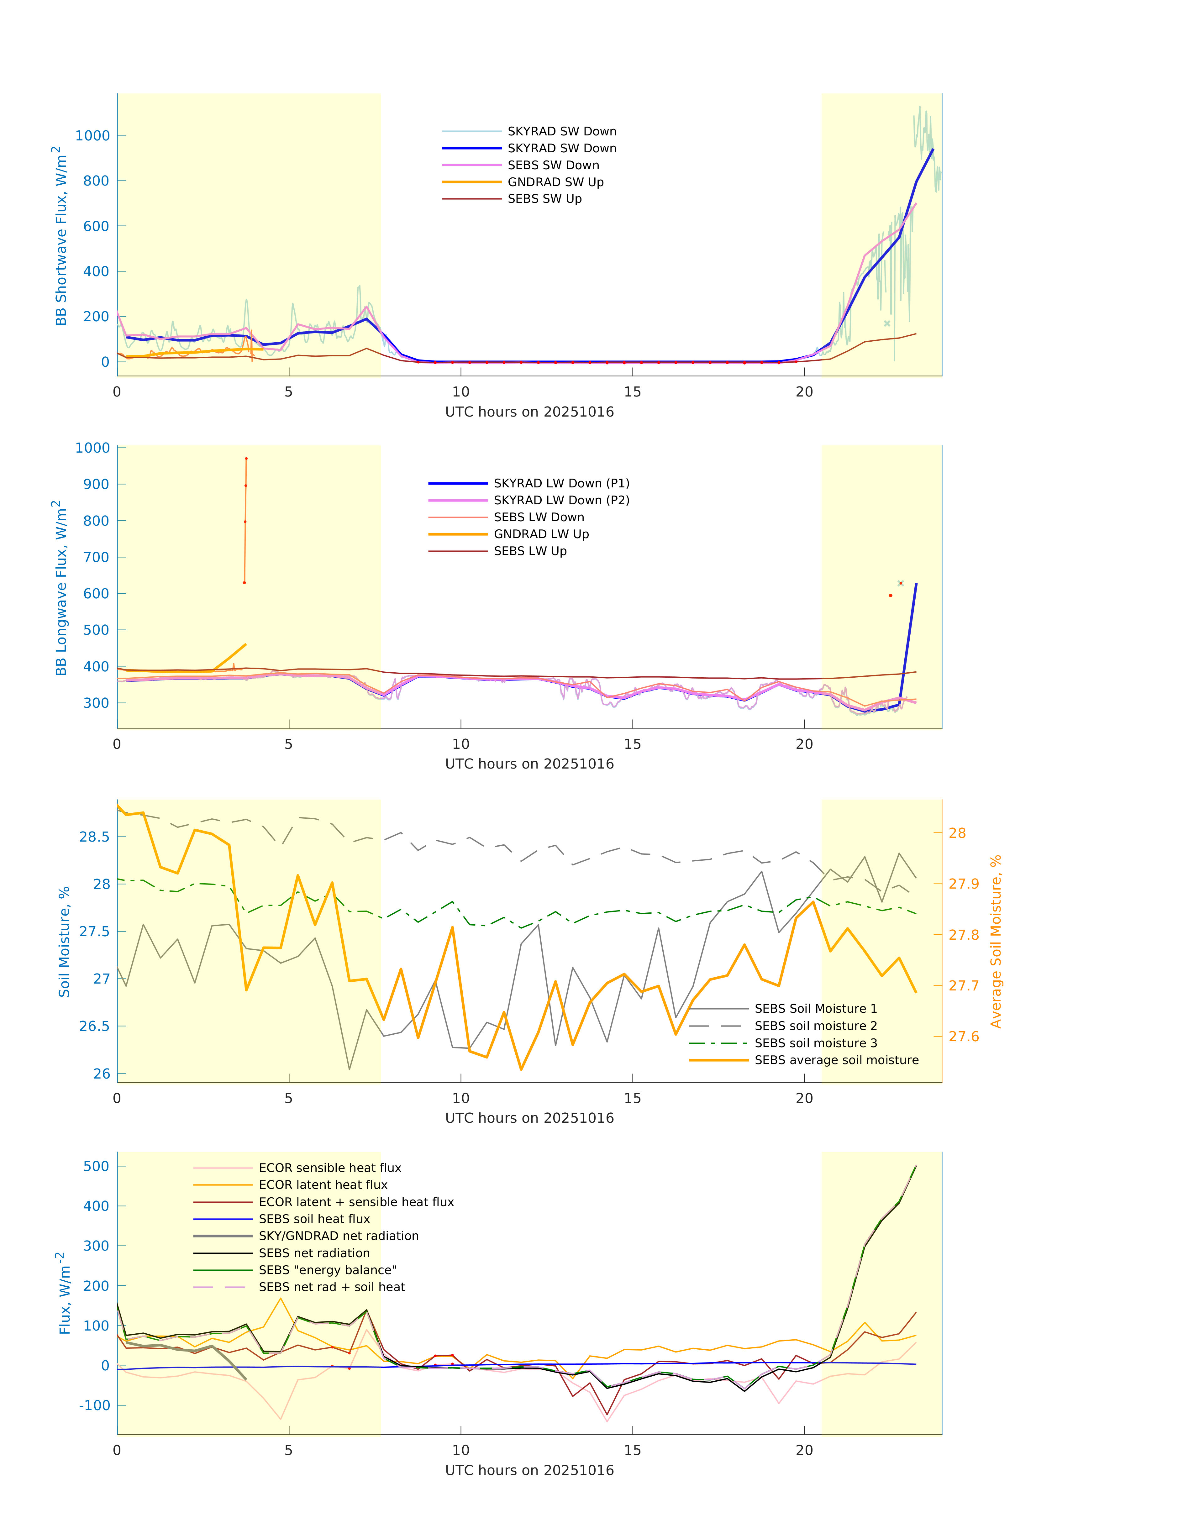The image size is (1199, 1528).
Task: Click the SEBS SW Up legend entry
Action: click(544, 199)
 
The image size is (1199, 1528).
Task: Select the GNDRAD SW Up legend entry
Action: click(555, 182)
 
